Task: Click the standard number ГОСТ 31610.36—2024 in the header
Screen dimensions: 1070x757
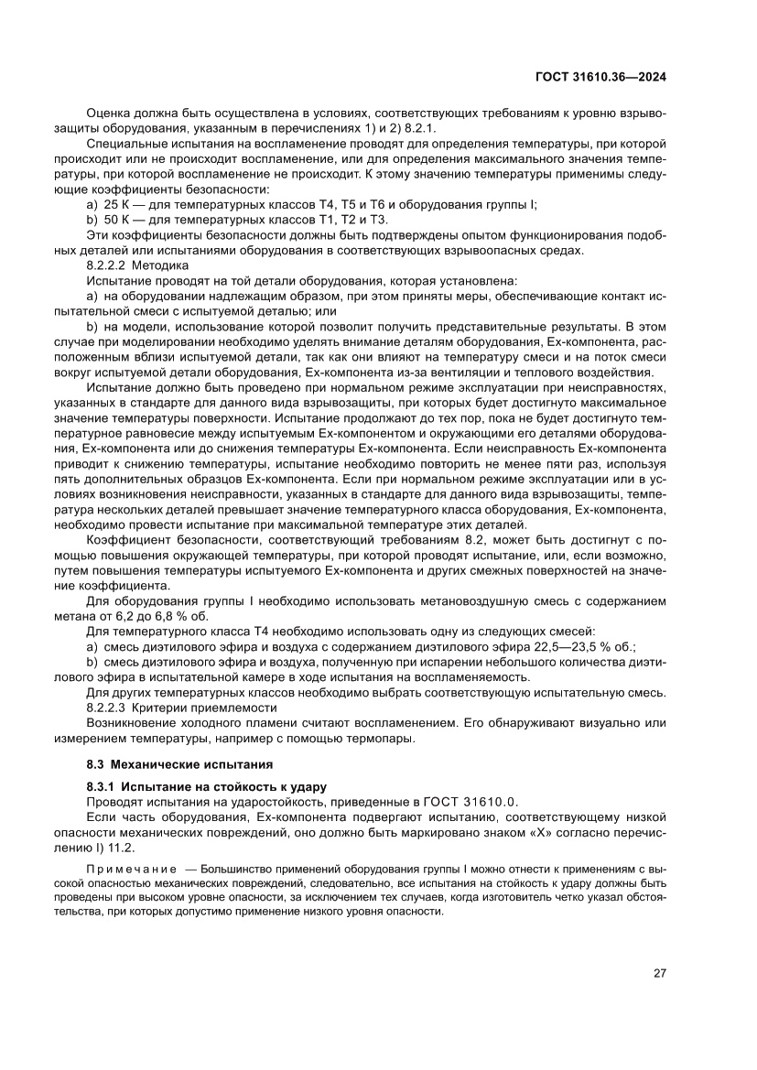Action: (600, 78)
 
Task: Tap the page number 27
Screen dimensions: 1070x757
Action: (659, 973)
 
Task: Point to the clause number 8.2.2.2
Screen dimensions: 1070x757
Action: (108, 265)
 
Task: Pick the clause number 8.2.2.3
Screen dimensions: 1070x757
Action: (108, 707)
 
